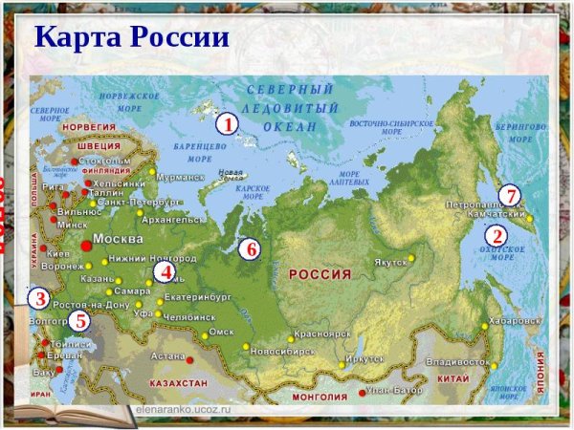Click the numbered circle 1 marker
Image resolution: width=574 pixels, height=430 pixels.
pos(226,124)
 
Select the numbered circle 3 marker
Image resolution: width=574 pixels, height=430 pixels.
pos(38,298)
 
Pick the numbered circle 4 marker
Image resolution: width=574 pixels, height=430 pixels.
pos(165,271)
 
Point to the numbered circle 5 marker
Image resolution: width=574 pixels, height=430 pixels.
pos(80,321)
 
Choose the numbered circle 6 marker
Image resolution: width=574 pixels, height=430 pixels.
pos(250,249)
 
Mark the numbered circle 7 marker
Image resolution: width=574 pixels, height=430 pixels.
pos(511,196)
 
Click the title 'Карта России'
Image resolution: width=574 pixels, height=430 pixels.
pos(132,37)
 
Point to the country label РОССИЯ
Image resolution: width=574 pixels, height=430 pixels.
pos(320,275)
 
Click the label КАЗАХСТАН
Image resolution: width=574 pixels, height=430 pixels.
pos(178,383)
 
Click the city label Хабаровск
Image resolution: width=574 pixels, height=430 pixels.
pos(514,321)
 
